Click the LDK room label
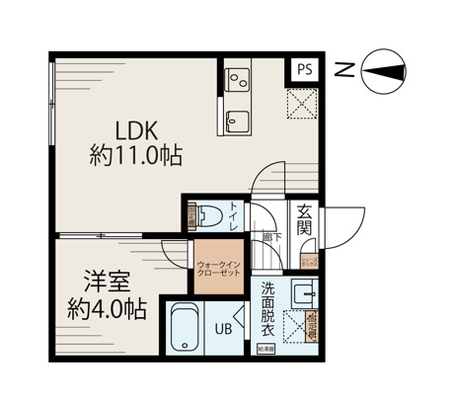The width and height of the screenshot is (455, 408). [136, 129]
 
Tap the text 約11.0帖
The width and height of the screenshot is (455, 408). [136, 156]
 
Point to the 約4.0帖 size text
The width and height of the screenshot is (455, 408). [103, 309]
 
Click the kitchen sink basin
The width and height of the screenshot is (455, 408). [239, 122]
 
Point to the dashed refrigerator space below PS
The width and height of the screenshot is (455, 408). [302, 102]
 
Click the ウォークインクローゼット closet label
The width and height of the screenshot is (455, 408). [218, 268]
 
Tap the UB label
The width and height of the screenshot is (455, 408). [225, 330]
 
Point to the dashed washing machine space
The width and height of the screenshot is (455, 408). [296, 325]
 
